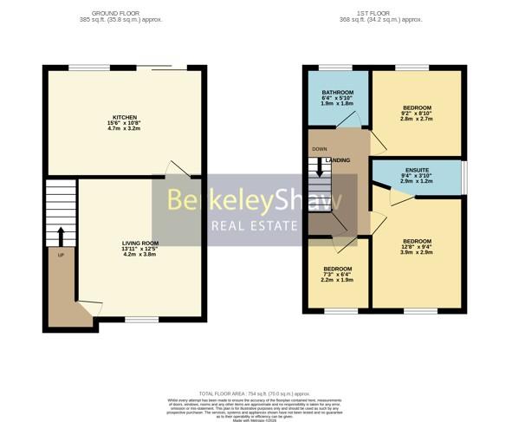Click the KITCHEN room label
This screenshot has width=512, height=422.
125,117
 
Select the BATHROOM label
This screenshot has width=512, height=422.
337,92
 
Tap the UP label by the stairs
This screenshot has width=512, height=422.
61,256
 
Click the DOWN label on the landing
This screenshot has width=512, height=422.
320,148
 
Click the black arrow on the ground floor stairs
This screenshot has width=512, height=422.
61,235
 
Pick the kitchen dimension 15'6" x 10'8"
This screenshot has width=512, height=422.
125,124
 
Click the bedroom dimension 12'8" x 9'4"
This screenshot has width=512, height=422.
417,248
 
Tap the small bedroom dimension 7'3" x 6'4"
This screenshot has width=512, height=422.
337,275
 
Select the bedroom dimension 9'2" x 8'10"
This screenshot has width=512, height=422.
416,114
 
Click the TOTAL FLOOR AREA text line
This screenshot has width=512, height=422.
256,393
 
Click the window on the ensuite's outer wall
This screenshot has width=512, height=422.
465,173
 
